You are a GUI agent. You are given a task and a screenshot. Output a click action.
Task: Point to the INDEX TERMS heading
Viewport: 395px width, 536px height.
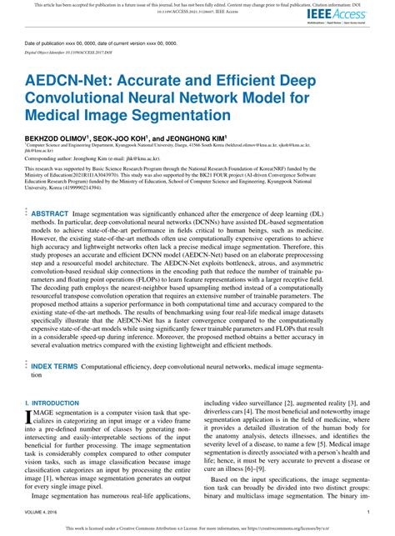point(55,367)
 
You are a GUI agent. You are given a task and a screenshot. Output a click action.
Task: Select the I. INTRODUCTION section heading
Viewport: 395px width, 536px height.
point(52,403)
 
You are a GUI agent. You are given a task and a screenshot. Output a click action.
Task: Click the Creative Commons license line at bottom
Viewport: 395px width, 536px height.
point(197,527)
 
